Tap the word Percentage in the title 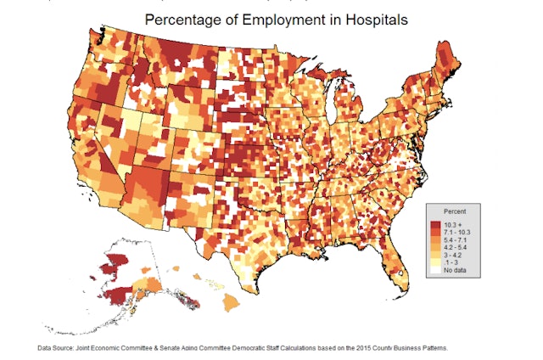pyautogui.click(x=183, y=18)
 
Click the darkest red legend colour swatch pyautogui.click(x=435, y=223)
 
